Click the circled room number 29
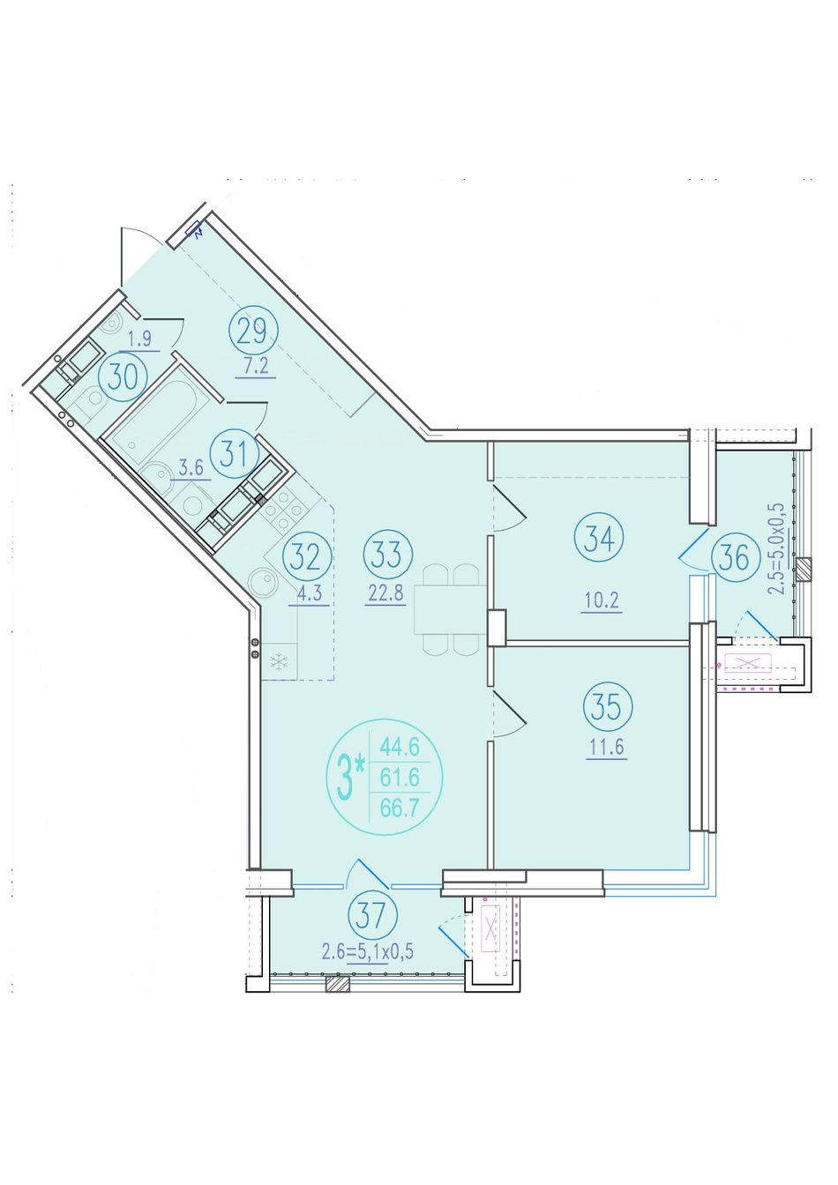click(x=253, y=332)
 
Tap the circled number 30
click(x=123, y=376)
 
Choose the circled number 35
click(x=607, y=708)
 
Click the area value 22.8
click(x=385, y=594)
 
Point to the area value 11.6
click(x=606, y=748)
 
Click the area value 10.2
click(x=602, y=601)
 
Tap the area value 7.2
click(x=256, y=366)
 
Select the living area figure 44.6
click(x=400, y=748)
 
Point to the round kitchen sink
click(x=262, y=584)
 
